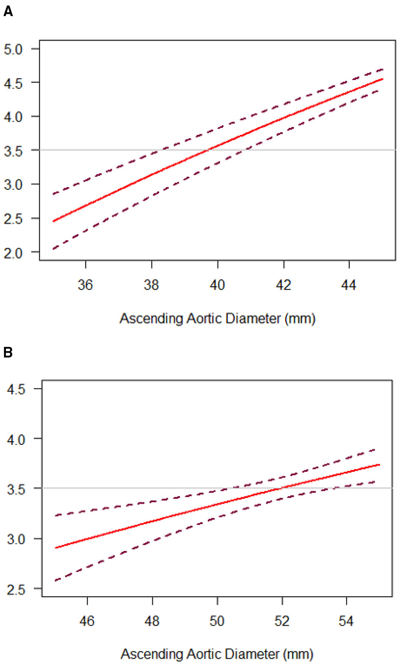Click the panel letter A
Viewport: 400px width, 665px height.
[x=8, y=12]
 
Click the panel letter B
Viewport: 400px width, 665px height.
[x=8, y=352]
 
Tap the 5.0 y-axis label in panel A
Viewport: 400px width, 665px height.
[x=13, y=50]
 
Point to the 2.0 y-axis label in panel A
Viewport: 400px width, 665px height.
[x=13, y=253]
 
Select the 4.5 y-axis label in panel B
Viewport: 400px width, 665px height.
[x=16, y=389]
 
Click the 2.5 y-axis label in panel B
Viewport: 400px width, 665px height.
[x=16, y=590]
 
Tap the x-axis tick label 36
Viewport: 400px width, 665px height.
[x=85, y=285]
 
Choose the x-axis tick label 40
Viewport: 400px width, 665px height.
[x=217, y=285]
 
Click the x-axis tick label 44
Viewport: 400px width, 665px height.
[x=349, y=285]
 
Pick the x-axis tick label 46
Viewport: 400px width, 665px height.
[x=87, y=621]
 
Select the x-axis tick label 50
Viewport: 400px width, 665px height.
[x=217, y=621]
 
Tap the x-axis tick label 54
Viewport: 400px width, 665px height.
[x=346, y=621]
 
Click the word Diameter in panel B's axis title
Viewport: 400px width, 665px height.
[x=252, y=654]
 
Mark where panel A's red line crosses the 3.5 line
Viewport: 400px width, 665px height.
[x=207, y=150]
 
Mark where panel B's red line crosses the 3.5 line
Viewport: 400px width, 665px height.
[x=280, y=488]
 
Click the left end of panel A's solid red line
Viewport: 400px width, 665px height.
[x=54, y=221]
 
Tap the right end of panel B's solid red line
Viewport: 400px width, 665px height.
[x=379, y=465]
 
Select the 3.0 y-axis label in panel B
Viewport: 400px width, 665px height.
[x=16, y=540]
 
